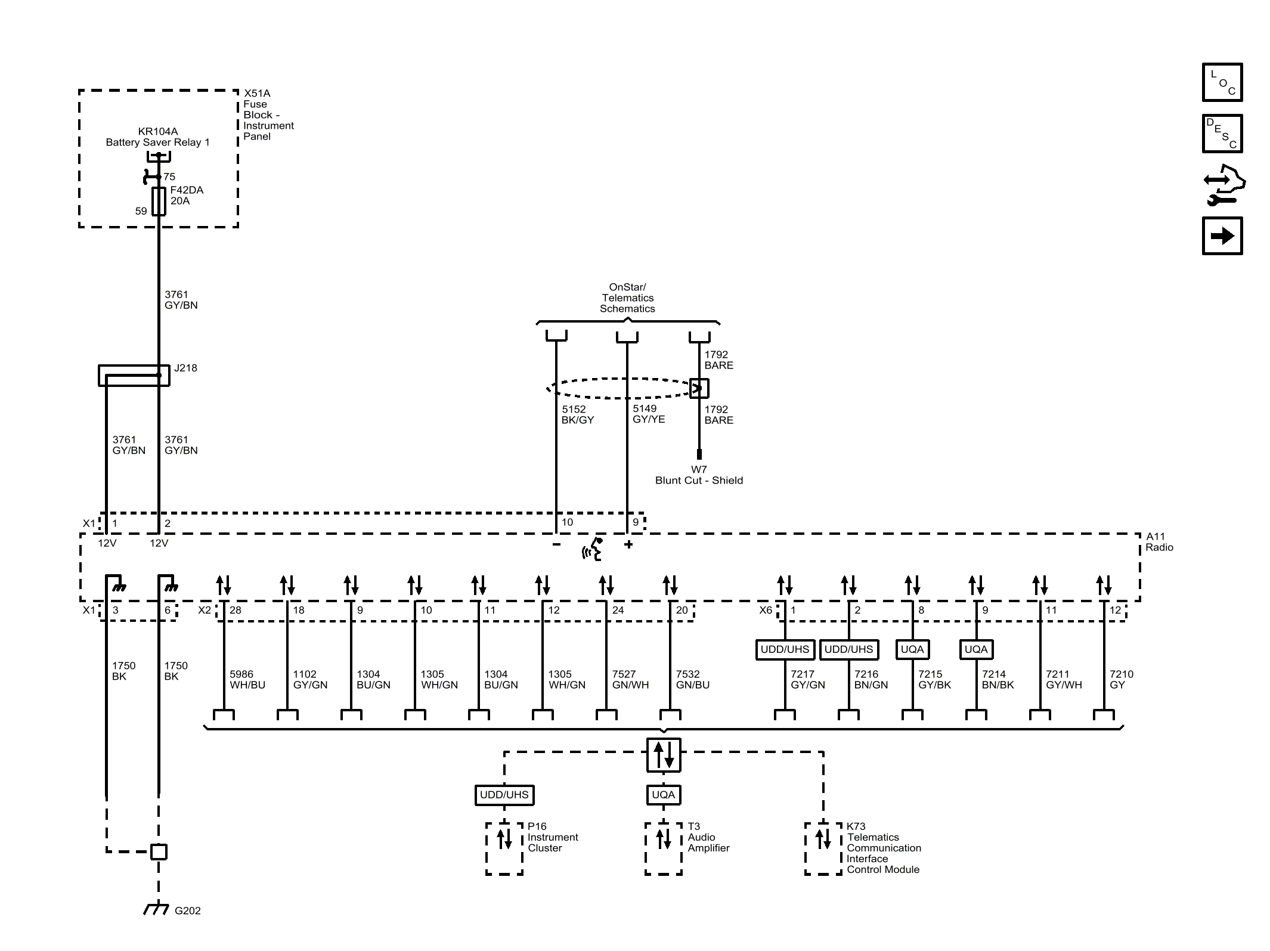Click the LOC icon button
tap(1222, 82)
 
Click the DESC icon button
tap(1222, 134)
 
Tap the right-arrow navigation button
tap(1222, 236)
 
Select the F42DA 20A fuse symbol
tap(159, 201)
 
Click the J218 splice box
tap(134, 375)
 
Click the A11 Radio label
tap(1159, 542)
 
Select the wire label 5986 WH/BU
tap(247, 679)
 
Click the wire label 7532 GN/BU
tap(692, 679)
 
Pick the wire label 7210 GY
tap(1120, 679)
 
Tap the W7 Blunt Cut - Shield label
tap(699, 475)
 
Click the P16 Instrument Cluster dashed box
tap(504, 848)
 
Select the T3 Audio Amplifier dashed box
tap(663, 848)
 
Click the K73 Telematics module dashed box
tap(823, 848)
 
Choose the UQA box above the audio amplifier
tap(663, 794)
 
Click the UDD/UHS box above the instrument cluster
tap(504, 794)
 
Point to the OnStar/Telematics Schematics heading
tap(627, 298)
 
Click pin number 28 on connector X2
tap(235, 610)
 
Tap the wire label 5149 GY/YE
tap(648, 414)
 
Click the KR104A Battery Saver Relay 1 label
tap(157, 137)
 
